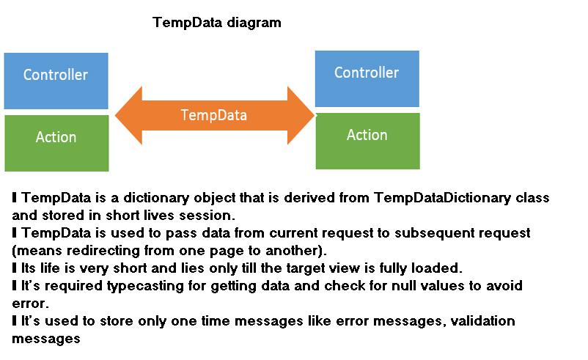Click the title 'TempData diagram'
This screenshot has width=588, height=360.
[x=216, y=23]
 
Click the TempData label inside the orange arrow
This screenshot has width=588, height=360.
[x=213, y=115]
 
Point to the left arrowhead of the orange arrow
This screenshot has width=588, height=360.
[x=128, y=115]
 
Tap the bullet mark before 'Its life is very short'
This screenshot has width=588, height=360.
[x=15, y=268]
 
